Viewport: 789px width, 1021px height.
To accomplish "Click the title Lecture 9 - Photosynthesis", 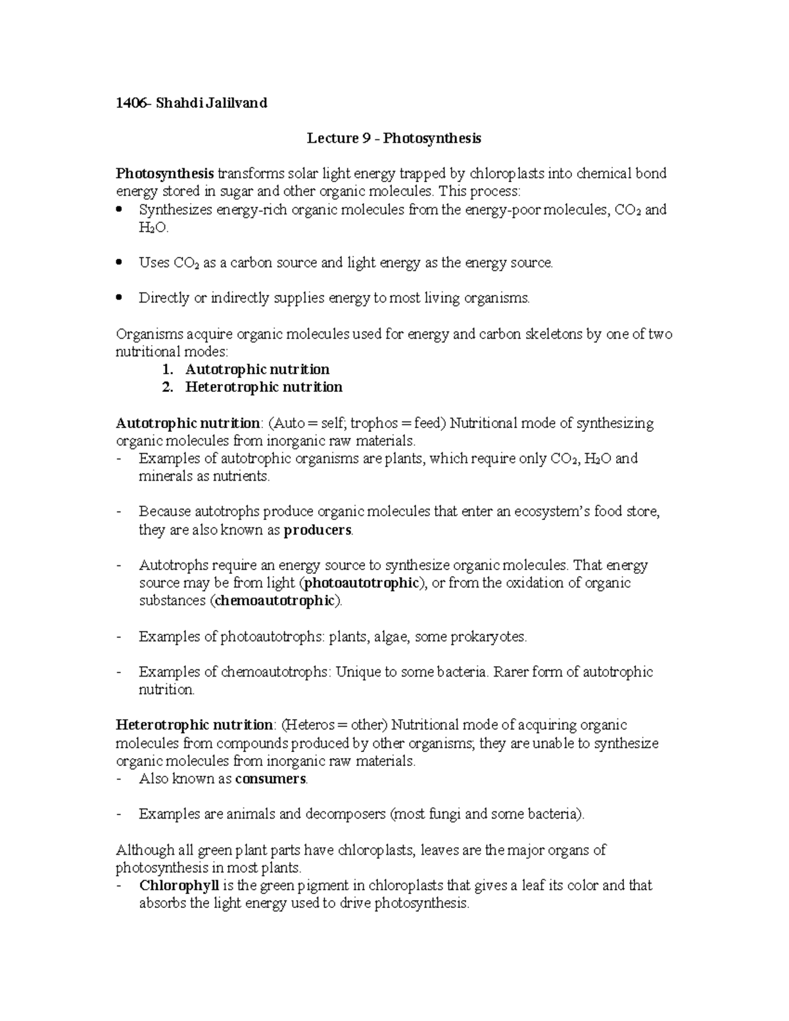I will [394, 138].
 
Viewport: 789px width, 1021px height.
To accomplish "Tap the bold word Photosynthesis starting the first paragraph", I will [164, 174].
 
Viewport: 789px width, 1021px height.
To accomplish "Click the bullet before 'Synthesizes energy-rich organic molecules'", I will [119, 210].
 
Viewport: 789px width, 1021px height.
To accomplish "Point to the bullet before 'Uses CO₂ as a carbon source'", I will [119, 263].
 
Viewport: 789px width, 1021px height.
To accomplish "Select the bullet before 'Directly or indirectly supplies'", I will [119, 298].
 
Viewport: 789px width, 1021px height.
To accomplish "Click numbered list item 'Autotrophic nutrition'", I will [257, 369].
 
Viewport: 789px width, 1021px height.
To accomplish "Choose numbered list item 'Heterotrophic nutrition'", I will [264, 387].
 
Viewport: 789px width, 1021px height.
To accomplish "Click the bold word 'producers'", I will [318, 530].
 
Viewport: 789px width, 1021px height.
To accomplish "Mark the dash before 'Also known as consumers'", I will [119, 779].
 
